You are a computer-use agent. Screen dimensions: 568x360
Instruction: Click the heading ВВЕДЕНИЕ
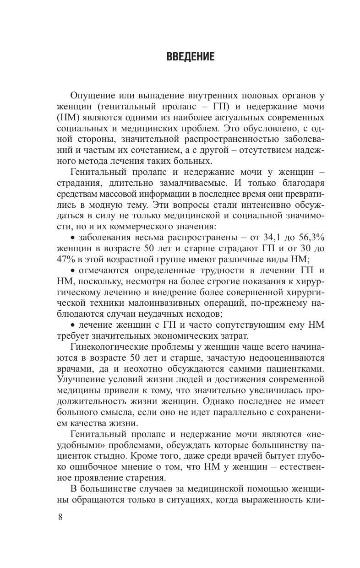coord(190,57)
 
